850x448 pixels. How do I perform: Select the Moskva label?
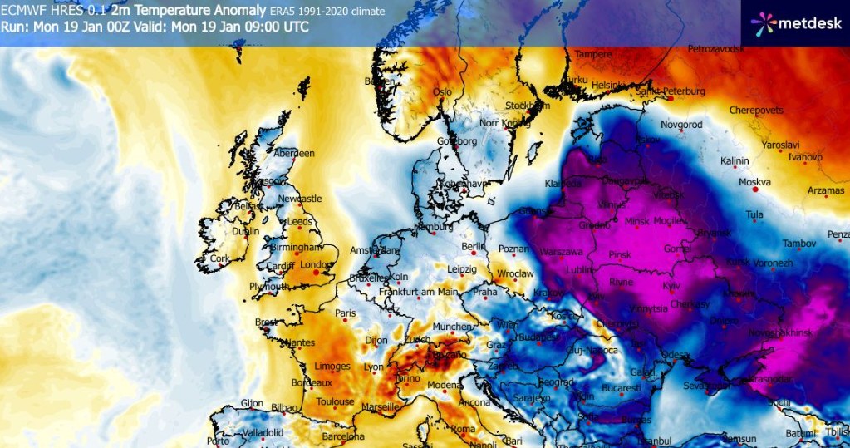pos(754,182)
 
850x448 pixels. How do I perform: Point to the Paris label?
pos(345,313)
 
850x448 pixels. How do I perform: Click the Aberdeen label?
pos(296,154)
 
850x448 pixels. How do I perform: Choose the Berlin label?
pos(472,247)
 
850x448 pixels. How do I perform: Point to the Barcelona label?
pos(342,436)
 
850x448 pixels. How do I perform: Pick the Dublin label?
pos(245,232)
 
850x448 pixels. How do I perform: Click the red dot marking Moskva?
pos(755,190)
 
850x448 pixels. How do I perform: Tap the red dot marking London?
pos(325,270)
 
